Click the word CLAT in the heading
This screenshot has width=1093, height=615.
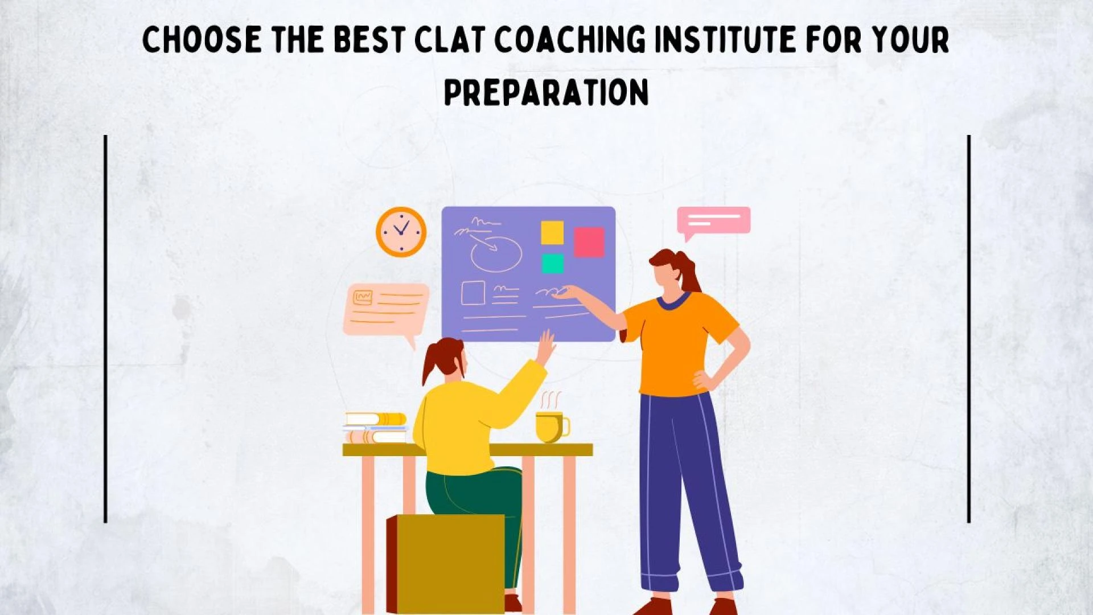coord(449,39)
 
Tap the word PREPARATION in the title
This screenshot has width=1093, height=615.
coord(546,92)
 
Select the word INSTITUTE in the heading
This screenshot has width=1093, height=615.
coord(725,39)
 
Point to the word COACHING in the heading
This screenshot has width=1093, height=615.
coord(570,39)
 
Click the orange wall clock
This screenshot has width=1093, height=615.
coord(401,232)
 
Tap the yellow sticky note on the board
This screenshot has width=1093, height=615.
coord(552,232)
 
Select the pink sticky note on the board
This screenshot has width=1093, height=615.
coord(589,242)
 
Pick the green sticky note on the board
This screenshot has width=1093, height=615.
coord(552,263)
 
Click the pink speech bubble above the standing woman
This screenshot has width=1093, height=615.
coord(714,220)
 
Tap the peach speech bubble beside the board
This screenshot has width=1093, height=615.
coord(385,309)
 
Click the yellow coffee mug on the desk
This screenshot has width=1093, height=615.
coord(550,427)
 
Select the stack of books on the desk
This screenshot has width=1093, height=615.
coord(376,428)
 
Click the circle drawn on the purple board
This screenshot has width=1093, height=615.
coord(496,255)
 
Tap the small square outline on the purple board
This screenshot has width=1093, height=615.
coord(472,293)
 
